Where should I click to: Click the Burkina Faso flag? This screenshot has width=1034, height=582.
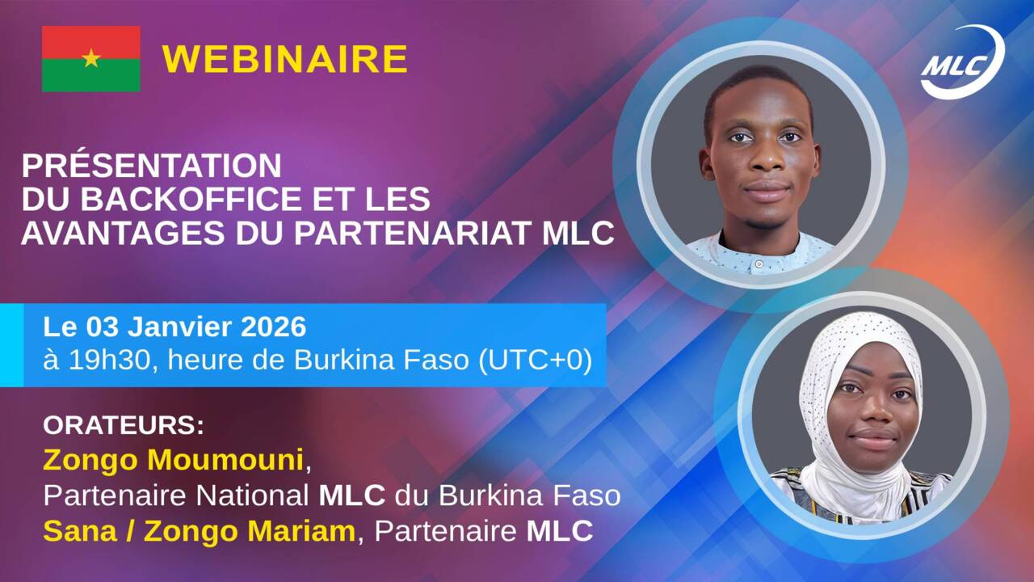pyautogui.click(x=90, y=58)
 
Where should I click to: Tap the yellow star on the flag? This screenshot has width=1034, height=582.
pyautogui.click(x=90, y=58)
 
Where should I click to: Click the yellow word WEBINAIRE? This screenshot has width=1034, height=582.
pyautogui.click(x=284, y=59)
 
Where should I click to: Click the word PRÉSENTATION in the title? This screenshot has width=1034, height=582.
pyautogui.click(x=151, y=166)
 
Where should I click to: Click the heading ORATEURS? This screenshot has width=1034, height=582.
pyautogui.click(x=124, y=425)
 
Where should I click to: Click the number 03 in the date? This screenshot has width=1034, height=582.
pyautogui.click(x=99, y=327)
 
